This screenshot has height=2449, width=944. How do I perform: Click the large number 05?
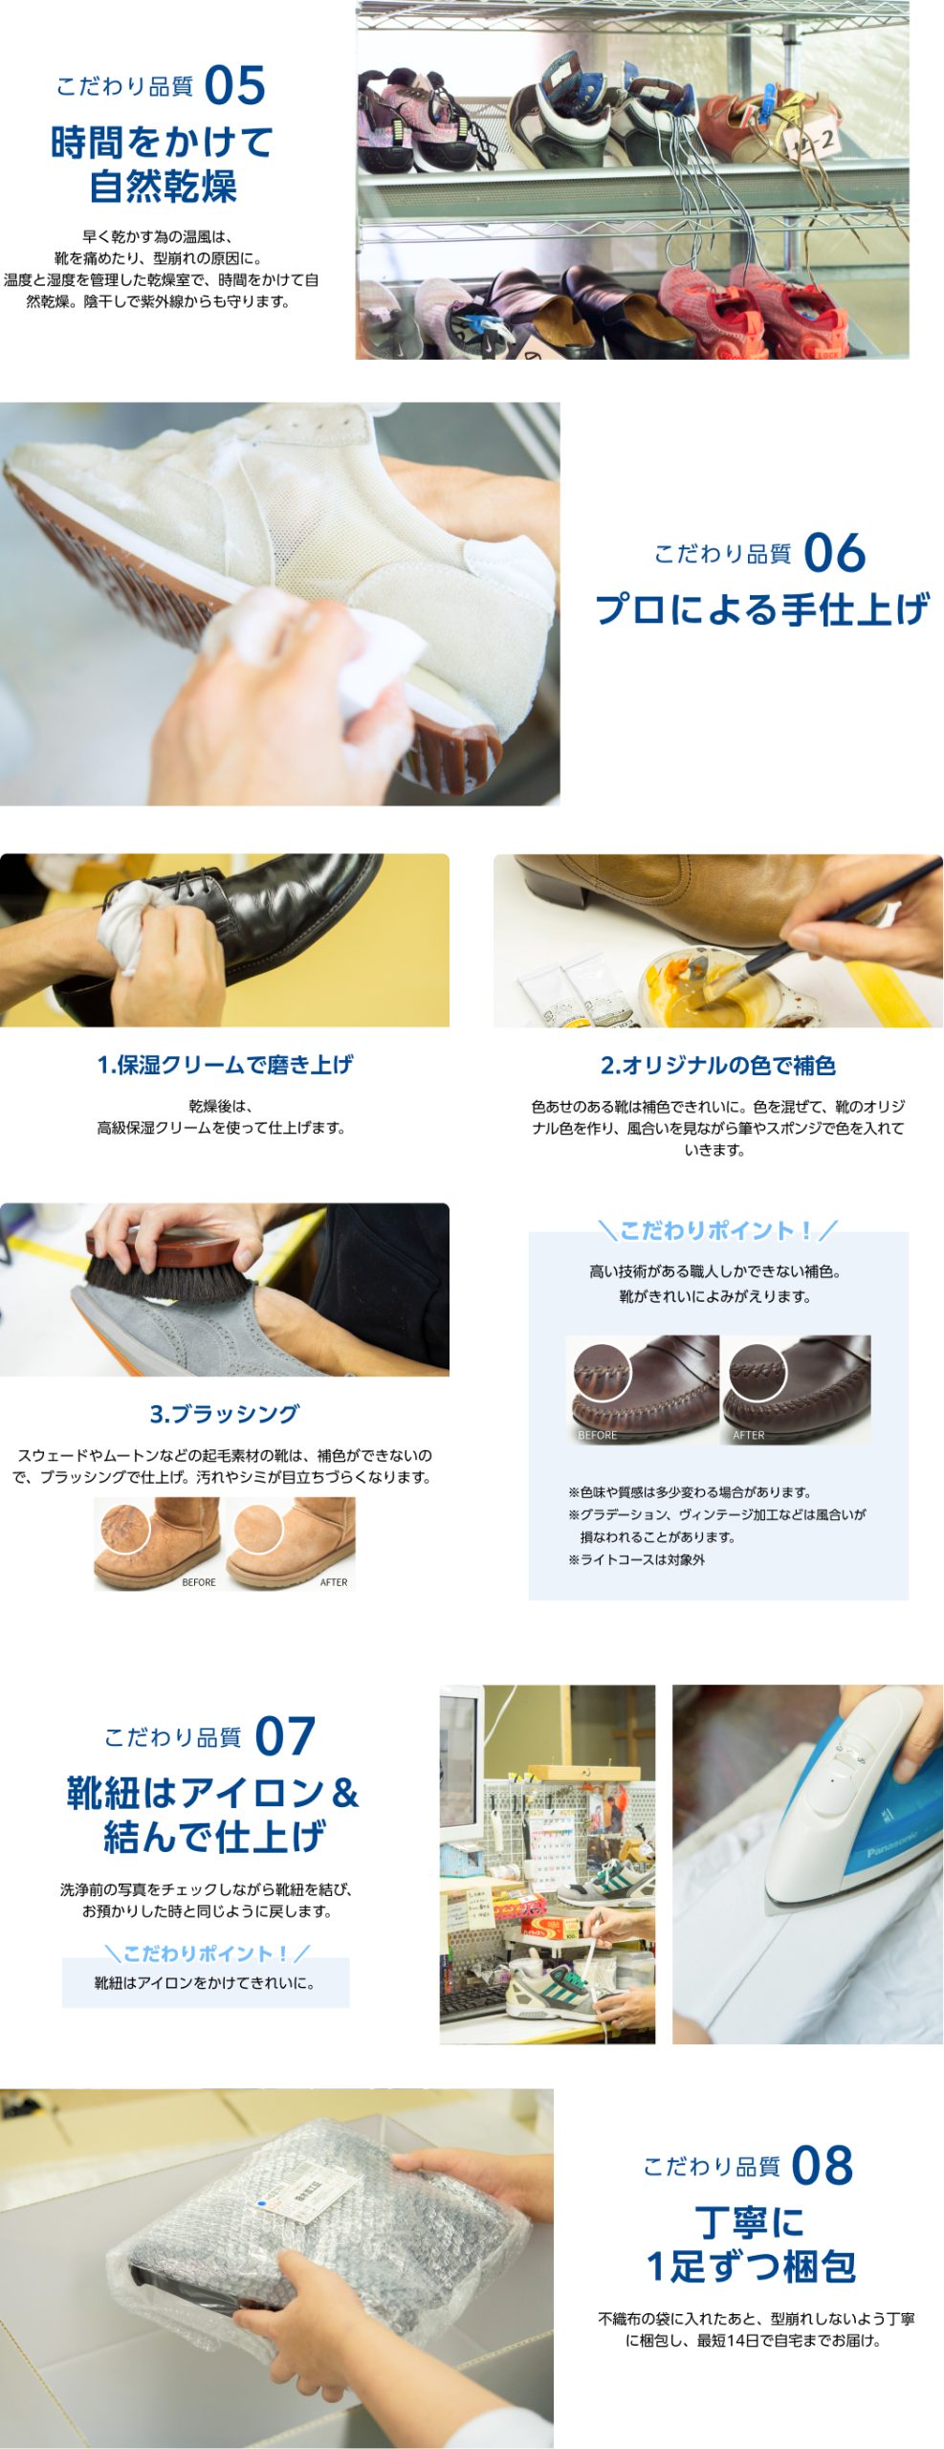234,85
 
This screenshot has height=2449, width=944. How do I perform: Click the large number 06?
834,553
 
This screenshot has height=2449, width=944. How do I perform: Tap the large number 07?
285,1736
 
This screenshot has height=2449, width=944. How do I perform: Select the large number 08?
823,2166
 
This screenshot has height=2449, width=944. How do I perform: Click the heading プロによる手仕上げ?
762,609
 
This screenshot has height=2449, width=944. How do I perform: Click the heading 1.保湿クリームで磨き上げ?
225,1064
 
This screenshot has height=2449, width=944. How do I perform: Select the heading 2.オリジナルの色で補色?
717,1065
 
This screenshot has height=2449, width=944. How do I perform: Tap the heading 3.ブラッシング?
225,1413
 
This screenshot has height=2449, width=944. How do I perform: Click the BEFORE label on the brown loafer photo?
598,1435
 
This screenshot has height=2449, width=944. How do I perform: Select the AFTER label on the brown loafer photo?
749,1435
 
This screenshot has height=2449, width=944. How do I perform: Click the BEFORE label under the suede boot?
199,1582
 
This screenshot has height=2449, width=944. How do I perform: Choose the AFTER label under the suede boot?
334,1582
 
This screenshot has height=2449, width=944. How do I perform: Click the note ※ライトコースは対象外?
636,1559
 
